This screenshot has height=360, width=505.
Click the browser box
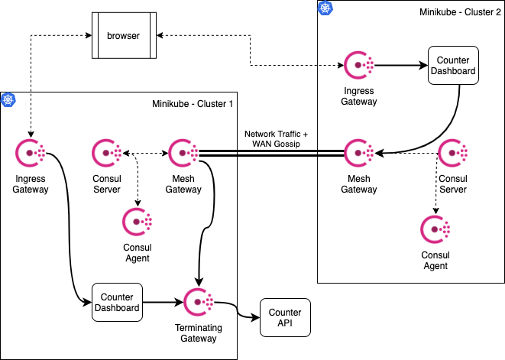point(124,35)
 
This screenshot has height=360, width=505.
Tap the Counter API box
point(285,317)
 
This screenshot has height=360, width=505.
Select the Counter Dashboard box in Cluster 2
point(453,66)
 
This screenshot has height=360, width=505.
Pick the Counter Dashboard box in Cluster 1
point(117,303)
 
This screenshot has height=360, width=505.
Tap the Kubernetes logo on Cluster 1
point(8,99)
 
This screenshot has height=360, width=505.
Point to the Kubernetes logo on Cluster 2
point(325,8)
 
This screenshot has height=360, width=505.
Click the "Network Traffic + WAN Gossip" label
point(276,139)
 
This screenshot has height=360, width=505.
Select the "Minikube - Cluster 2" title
point(460,12)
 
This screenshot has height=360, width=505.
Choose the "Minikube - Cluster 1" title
point(193,104)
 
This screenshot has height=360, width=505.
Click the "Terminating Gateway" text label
point(199,333)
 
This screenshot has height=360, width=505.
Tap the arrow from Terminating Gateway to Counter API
point(238,310)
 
